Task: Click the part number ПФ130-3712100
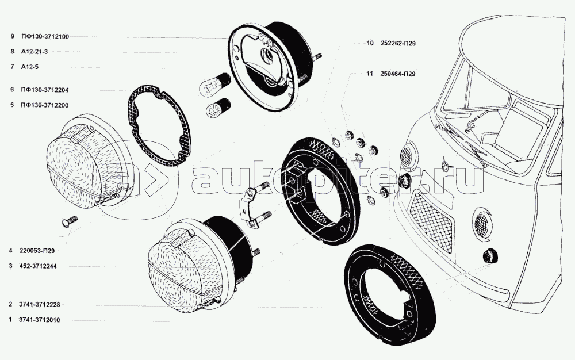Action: coord(44,36)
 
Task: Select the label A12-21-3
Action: coord(34,52)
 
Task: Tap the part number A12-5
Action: coord(29,67)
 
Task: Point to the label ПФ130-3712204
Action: coord(44,90)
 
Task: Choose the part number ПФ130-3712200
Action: coord(44,105)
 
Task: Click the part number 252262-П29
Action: coord(398,43)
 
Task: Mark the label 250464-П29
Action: coord(398,74)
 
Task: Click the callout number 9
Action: coord(11,36)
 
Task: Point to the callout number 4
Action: coord(11,251)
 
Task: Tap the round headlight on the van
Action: coord(408,154)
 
